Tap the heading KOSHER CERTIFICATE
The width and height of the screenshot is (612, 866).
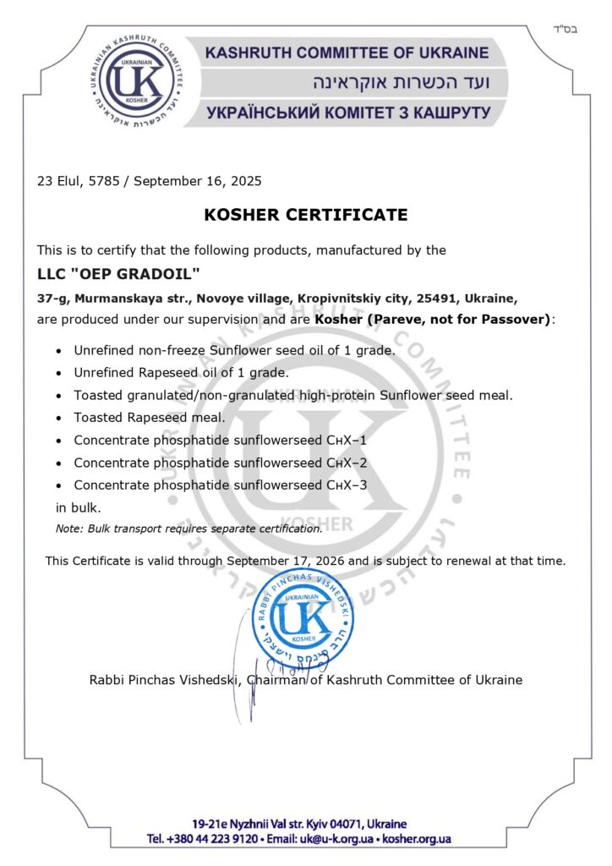point(305,215)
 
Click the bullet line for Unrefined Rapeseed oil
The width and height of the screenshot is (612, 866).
point(181,372)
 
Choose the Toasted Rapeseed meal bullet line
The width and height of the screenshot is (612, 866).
point(149,418)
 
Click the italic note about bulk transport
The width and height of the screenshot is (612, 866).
point(189,529)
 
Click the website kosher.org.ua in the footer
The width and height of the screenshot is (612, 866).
point(417,839)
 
